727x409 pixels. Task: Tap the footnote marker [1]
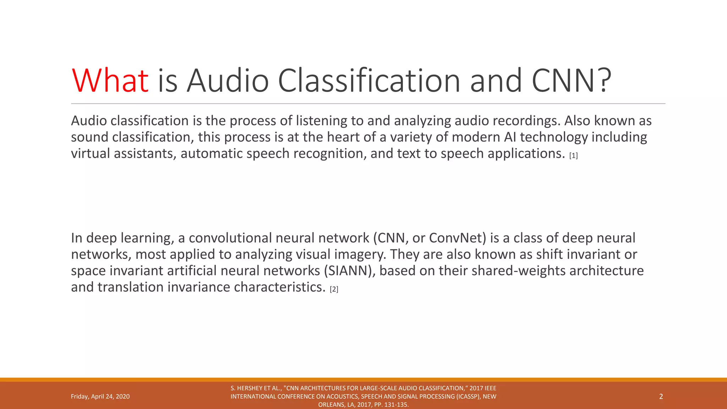[x=573, y=156]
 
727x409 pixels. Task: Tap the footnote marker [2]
[x=334, y=289]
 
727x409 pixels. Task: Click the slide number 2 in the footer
[x=661, y=397]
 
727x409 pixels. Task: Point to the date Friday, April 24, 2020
[x=100, y=397]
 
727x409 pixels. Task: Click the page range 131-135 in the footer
[x=396, y=405]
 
